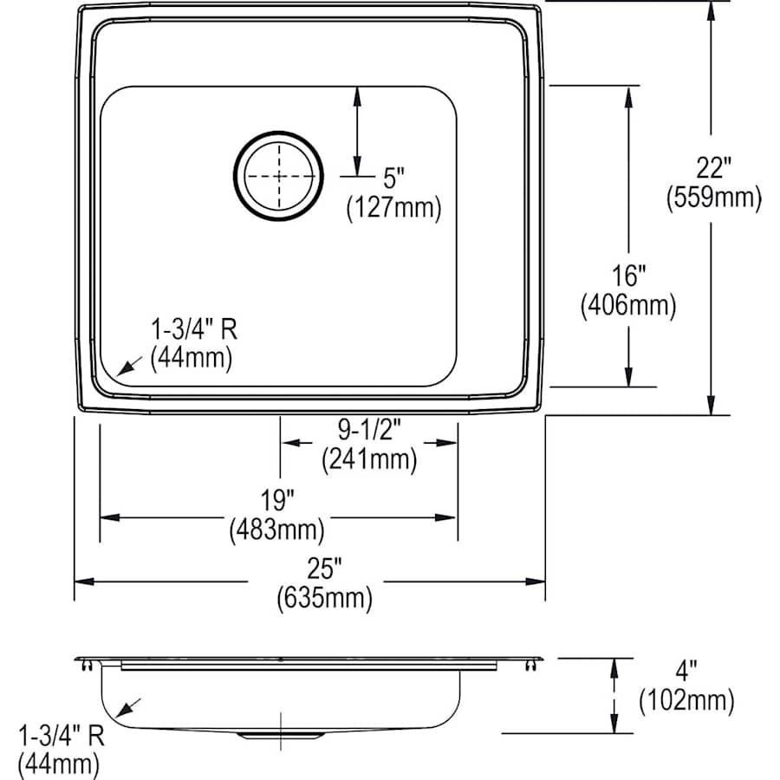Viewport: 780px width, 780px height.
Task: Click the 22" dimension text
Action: point(713,165)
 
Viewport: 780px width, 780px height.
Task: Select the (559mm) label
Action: point(713,198)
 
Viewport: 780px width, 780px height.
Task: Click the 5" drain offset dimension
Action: point(394,179)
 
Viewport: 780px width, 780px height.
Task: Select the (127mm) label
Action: point(394,208)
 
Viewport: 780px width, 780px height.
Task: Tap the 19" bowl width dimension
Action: point(277,499)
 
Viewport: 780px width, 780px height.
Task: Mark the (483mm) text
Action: point(277,530)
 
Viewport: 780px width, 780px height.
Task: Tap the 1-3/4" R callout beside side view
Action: point(61,737)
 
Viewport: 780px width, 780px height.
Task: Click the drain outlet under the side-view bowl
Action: point(281,735)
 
